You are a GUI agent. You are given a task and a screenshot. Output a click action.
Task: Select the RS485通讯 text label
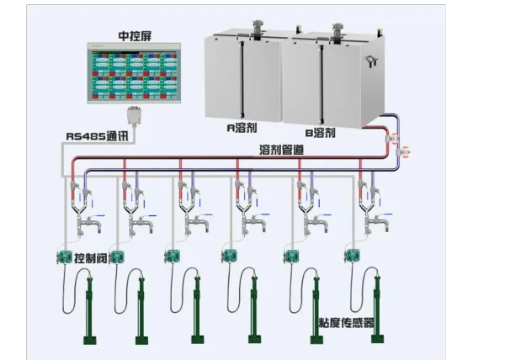tap(96, 135)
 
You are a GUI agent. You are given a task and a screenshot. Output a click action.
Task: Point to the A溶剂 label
tap(242, 129)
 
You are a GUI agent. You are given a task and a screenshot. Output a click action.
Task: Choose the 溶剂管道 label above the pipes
tap(281, 149)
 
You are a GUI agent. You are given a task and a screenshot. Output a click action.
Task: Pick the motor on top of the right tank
tap(338, 34)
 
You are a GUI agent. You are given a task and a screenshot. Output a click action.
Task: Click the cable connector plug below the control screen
tap(134, 117)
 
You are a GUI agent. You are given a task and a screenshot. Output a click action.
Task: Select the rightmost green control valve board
tap(350, 254)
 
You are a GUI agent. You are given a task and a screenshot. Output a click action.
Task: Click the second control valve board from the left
tap(116, 256)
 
